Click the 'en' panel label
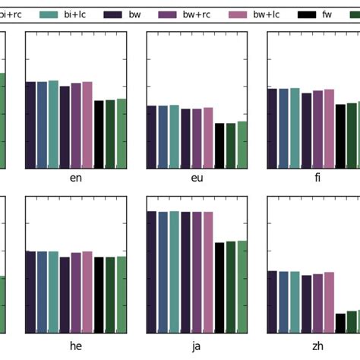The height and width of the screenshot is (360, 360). (x=76, y=178)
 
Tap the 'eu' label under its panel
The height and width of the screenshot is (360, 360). (x=197, y=178)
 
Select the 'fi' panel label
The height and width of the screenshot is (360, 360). (x=317, y=178)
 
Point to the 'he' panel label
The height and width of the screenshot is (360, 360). (x=76, y=346)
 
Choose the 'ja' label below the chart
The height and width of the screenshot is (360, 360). (x=197, y=346)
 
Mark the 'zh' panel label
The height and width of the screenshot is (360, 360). (x=317, y=346)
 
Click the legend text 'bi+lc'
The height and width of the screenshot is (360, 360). (x=77, y=14)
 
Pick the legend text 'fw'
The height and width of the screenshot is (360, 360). (x=327, y=14)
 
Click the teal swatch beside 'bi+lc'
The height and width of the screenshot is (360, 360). (x=49, y=14)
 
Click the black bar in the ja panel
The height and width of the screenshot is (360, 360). (x=219, y=288)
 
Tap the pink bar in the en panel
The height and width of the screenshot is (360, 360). (x=87, y=125)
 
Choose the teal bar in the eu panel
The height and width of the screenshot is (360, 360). (x=175, y=137)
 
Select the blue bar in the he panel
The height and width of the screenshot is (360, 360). (x=42, y=292)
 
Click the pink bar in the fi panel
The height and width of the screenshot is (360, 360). (x=329, y=129)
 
